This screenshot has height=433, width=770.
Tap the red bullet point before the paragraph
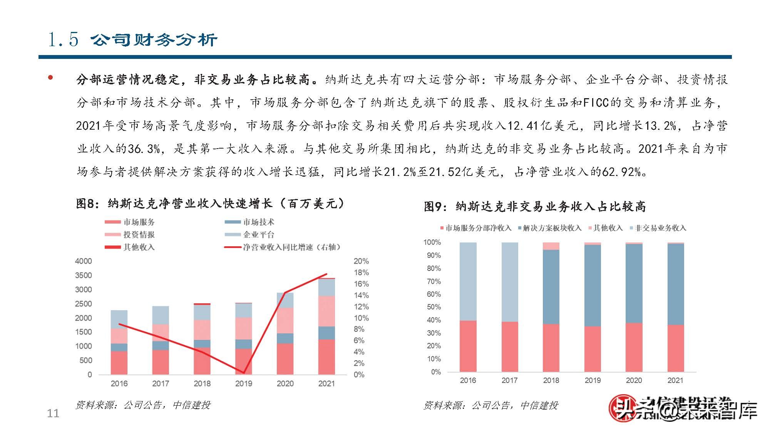[50, 78]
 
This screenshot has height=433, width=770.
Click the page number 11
[53, 413]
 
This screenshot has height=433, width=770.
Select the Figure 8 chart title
[210, 203]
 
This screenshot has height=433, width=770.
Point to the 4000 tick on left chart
[83, 261]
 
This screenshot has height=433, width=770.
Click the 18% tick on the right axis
[361, 273]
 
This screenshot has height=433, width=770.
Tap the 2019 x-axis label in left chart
[243, 383]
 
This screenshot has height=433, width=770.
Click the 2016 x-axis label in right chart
[468, 380]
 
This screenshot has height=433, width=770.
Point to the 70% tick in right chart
[434, 281]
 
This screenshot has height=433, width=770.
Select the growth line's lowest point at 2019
[243, 373]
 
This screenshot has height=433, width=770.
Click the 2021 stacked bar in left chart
[326, 327]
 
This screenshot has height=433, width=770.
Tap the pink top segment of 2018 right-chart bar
[551, 246]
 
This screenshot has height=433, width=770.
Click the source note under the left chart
[143, 405]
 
